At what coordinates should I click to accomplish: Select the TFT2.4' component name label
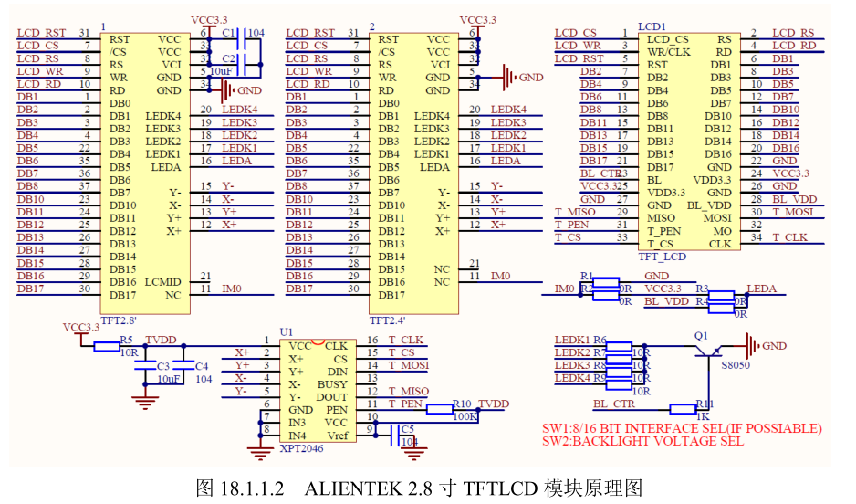pyautogui.click(x=388, y=321)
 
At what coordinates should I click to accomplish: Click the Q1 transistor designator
pyautogui.click(x=701, y=336)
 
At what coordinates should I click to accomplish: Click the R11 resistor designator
pyautogui.click(x=705, y=402)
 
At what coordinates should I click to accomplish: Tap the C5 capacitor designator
pyautogui.click(x=407, y=427)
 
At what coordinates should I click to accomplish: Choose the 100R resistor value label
pyautogui.click(x=465, y=416)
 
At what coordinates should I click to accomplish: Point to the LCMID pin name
pyautogui.click(x=163, y=282)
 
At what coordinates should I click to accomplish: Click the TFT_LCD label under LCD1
pyautogui.click(x=662, y=257)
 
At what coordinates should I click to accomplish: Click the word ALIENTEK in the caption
pyautogui.click(x=350, y=488)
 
